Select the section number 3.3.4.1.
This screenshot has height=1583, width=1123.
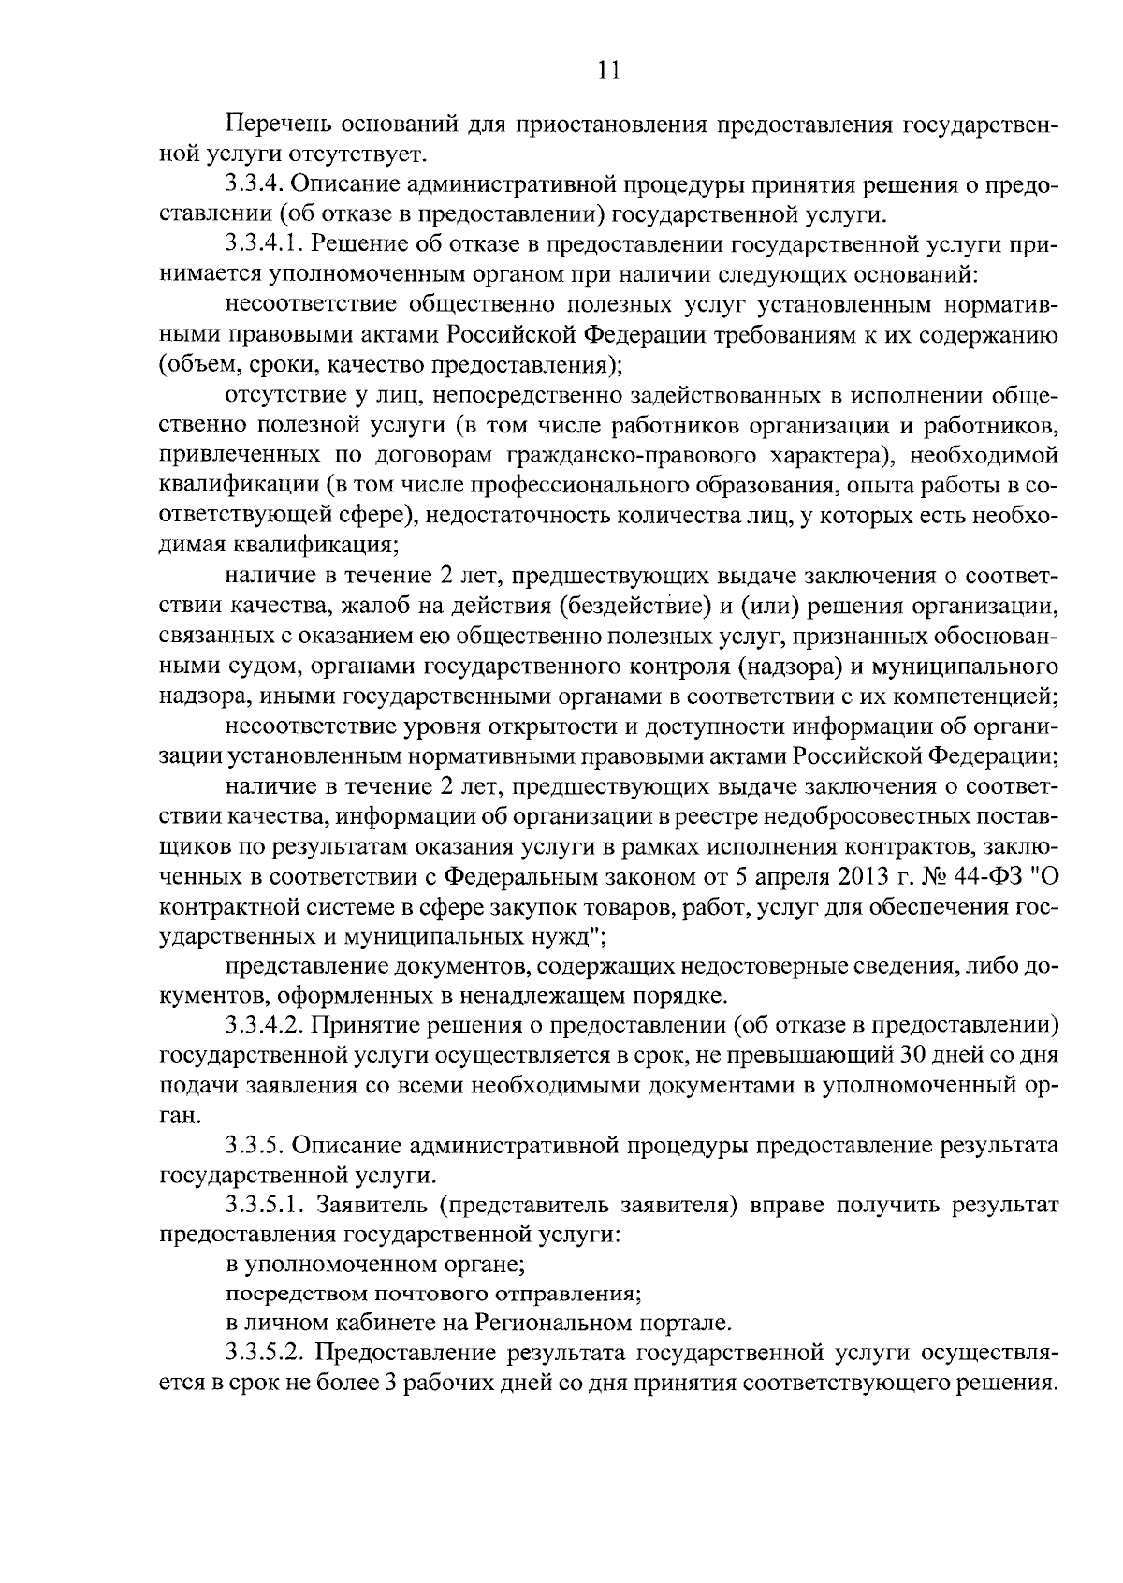coord(264,245)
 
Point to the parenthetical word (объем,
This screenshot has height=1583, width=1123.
coord(198,366)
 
